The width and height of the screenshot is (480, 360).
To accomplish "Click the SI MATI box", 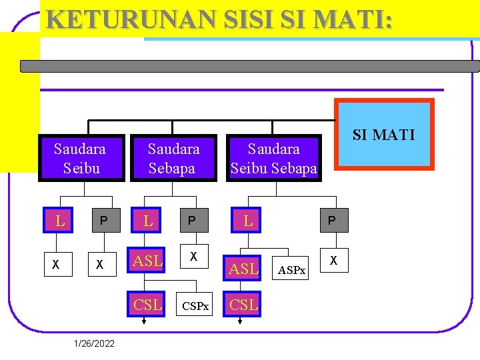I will click(x=383, y=135).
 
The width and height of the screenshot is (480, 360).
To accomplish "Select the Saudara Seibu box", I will click(x=81, y=158).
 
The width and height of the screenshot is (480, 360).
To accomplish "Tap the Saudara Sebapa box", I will click(x=173, y=158).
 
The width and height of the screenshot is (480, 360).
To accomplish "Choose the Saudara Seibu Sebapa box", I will click(x=273, y=158).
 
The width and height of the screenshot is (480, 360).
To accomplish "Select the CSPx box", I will click(x=195, y=306).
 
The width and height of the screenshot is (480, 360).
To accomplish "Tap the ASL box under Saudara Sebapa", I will click(x=148, y=261).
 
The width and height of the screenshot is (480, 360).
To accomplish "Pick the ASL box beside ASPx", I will click(x=244, y=269).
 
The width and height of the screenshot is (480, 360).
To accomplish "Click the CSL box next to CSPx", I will click(x=148, y=305).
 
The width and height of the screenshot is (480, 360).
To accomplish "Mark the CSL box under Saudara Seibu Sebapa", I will click(x=244, y=305).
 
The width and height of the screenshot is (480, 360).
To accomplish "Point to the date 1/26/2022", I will click(x=95, y=343).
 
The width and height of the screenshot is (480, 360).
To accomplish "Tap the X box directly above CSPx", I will click(x=193, y=256).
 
